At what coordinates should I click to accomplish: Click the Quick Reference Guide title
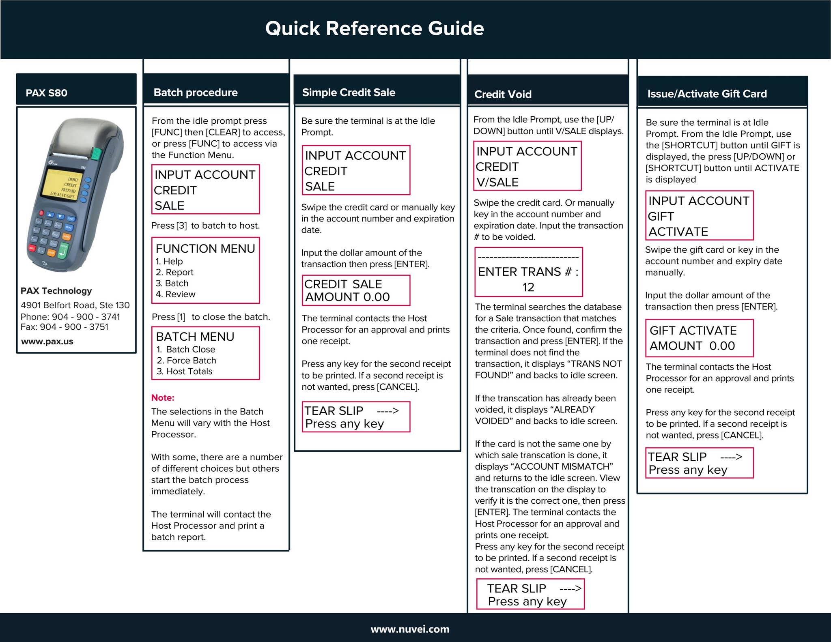pyautogui.click(x=375, y=28)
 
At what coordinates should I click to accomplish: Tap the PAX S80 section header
pyautogui.click(x=47, y=93)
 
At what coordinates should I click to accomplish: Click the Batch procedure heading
pyautogui.click(x=196, y=92)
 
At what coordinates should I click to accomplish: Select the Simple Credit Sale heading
pyautogui.click(x=349, y=92)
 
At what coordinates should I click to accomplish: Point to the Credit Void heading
pyautogui.click(x=503, y=94)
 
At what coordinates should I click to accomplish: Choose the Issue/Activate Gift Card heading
pyautogui.click(x=707, y=94)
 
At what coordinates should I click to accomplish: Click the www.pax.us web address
pyautogui.click(x=47, y=341)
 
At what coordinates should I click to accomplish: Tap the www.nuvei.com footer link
pyautogui.click(x=410, y=629)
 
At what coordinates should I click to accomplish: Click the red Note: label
pyautogui.click(x=163, y=398)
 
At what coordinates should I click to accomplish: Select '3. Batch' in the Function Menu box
pyautogui.click(x=172, y=283)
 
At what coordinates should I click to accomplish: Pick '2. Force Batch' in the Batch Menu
pyautogui.click(x=187, y=361)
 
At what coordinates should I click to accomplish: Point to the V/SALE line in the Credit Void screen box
pyautogui.click(x=497, y=183)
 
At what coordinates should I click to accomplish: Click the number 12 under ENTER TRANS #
pyautogui.click(x=528, y=287)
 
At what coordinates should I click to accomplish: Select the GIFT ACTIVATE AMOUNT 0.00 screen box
pyautogui.click(x=699, y=338)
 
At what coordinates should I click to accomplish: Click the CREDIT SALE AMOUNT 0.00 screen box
pyautogui.click(x=356, y=290)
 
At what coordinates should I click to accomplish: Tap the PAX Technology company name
pyautogui.click(x=56, y=291)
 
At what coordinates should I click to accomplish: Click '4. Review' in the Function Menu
pyautogui.click(x=176, y=294)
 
